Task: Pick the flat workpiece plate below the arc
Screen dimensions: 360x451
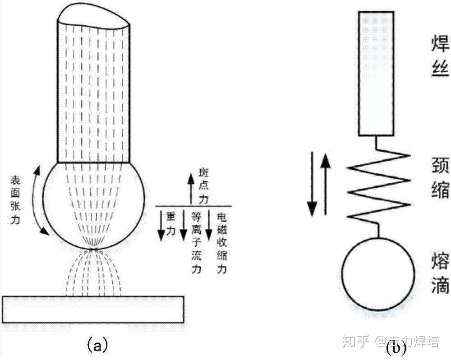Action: click(x=93, y=309)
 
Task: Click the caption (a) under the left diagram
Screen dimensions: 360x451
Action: click(x=96, y=345)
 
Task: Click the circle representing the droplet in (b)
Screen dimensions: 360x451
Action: click(x=378, y=274)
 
